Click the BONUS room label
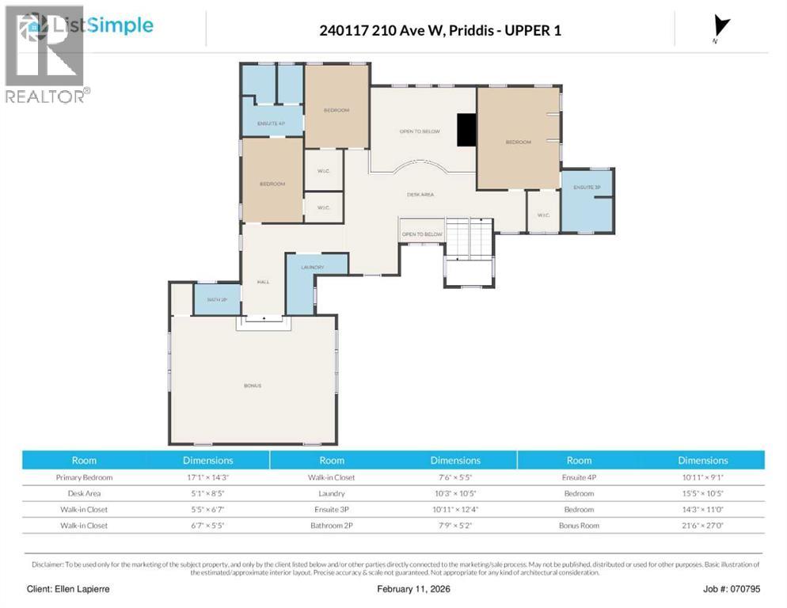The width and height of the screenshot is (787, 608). [252, 386]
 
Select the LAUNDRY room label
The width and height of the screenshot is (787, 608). [313, 268]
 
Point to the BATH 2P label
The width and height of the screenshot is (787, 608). [216, 300]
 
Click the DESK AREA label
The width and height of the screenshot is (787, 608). [420, 194]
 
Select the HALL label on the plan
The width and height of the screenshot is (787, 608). [264, 281]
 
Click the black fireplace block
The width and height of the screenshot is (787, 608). [467, 130]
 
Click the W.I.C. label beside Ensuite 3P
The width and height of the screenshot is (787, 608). [543, 215]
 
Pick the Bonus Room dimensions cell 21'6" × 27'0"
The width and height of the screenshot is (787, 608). [702, 526]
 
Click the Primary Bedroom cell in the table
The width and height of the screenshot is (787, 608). [84, 477]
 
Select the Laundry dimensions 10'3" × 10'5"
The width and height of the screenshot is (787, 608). [454, 494]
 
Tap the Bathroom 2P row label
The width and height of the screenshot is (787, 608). [332, 526]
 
